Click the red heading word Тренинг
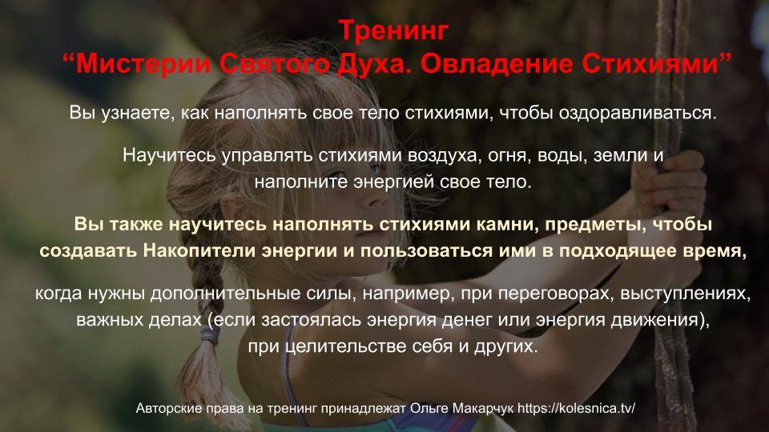click(x=393, y=30)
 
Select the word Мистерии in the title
click(x=143, y=64)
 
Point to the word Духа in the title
click(x=372, y=65)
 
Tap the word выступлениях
click(x=685, y=294)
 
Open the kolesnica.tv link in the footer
click(x=576, y=408)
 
